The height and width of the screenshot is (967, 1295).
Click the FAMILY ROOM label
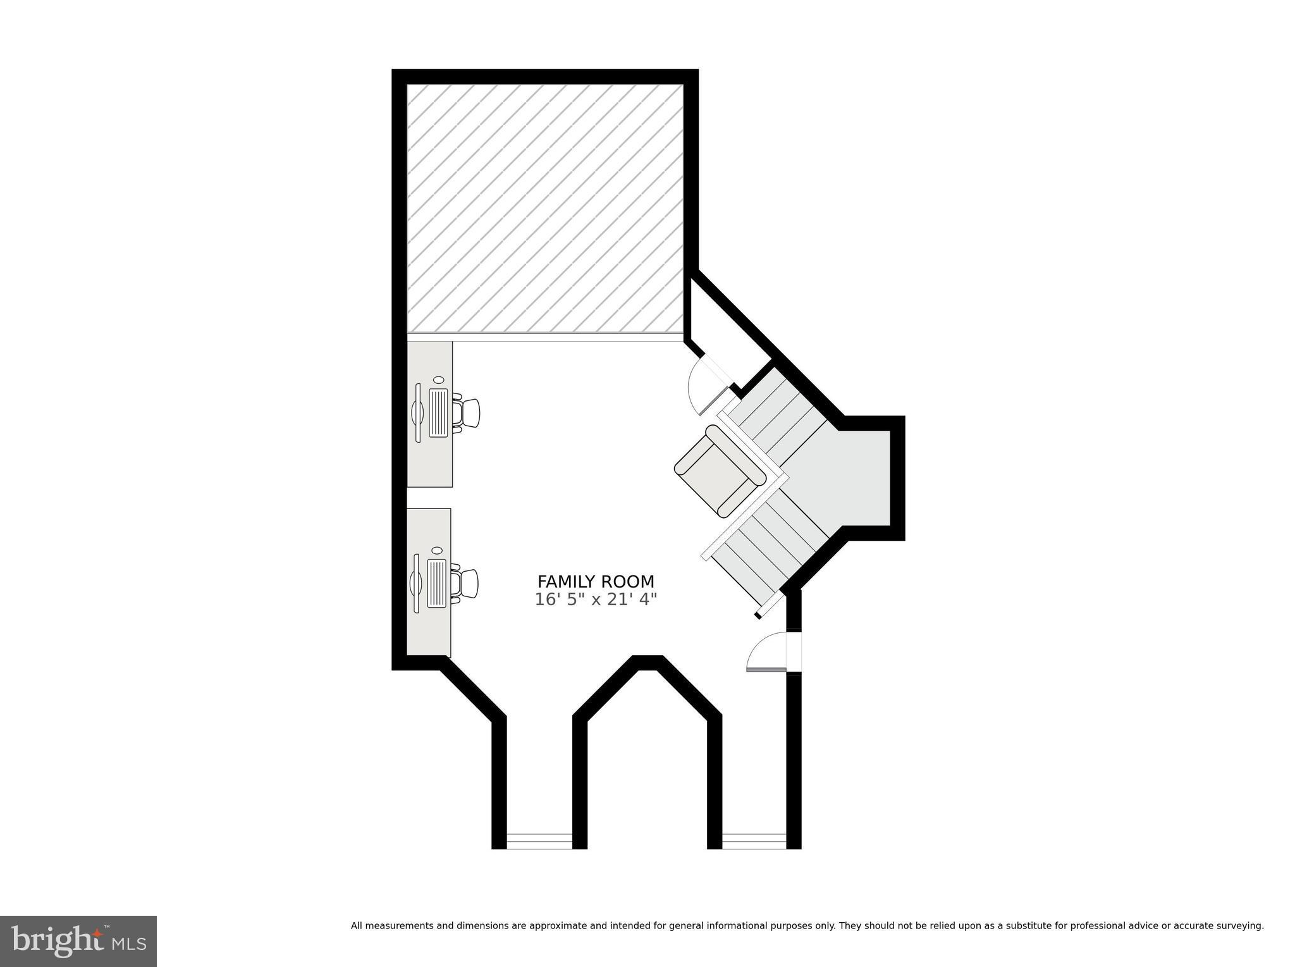pyautogui.click(x=596, y=581)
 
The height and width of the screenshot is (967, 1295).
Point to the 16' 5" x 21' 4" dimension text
pyautogui.click(x=596, y=599)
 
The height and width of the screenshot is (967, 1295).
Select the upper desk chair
pyautogui.click(x=467, y=412)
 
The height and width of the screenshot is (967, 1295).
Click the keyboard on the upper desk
pyautogui.click(x=438, y=412)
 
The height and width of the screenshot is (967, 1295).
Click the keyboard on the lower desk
pyautogui.click(x=436, y=583)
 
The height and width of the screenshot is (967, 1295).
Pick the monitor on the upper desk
pyautogui.click(x=417, y=412)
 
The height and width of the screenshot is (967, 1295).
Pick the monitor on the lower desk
pyautogui.click(x=415, y=583)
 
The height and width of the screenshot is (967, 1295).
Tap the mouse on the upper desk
pyautogui.click(x=438, y=379)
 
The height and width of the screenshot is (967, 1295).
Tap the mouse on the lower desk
pyautogui.click(x=436, y=551)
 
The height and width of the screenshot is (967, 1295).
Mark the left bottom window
pyautogui.click(x=539, y=841)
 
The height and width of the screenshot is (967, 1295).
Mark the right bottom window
pyautogui.click(x=754, y=841)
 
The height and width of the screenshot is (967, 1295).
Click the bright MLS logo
pyautogui.click(x=78, y=942)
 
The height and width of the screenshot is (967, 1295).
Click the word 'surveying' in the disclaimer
pyautogui.click(x=1239, y=926)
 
